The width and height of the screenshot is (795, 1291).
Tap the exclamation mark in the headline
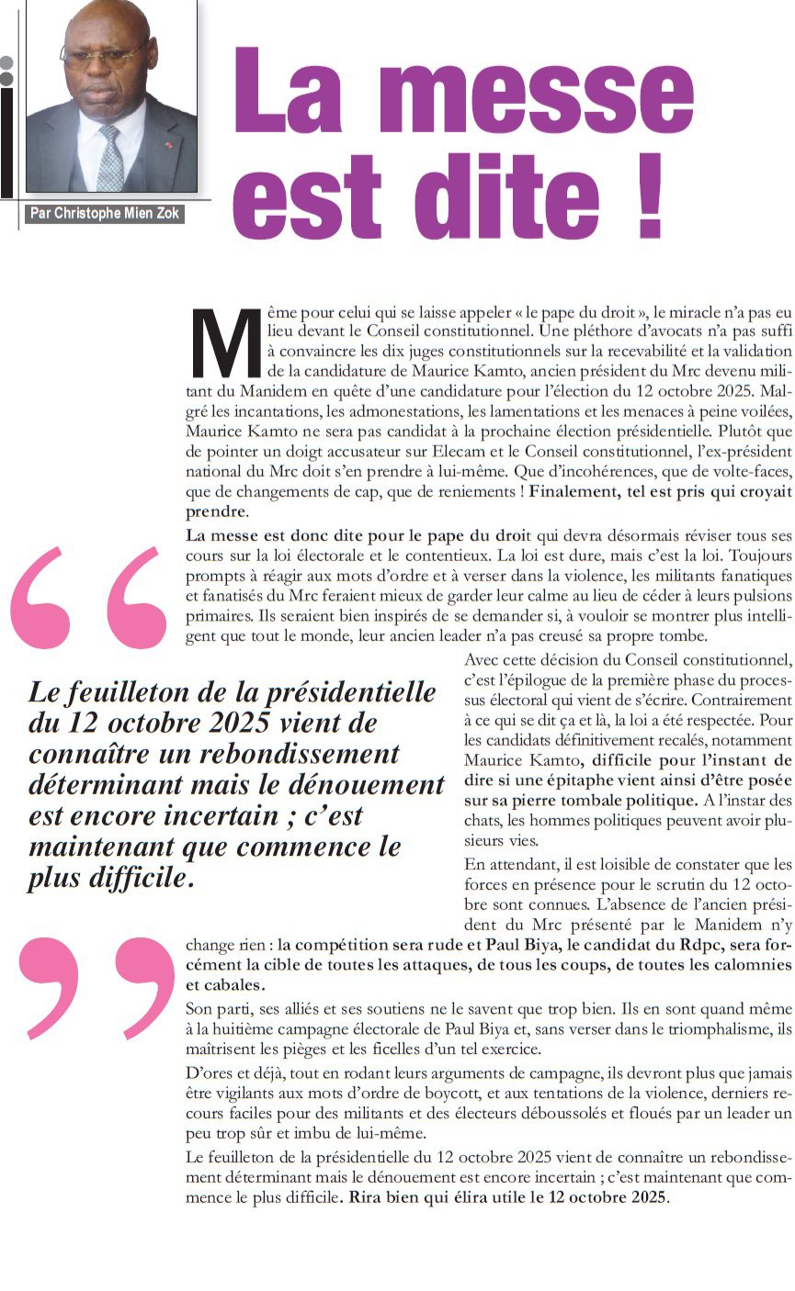649,194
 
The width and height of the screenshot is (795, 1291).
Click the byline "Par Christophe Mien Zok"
106,214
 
